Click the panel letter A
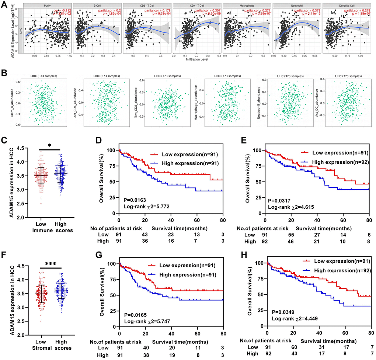pyautogui.click(x=4, y=5)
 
